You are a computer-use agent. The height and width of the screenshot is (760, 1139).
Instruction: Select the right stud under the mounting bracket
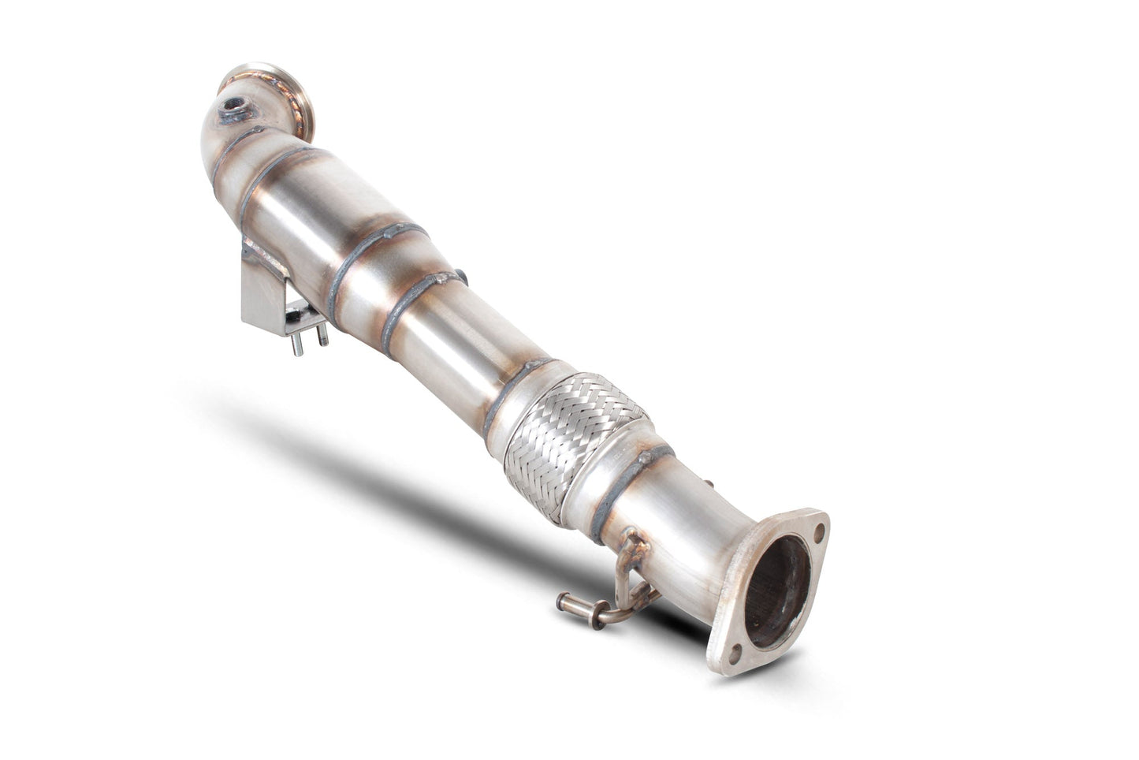coord(322,336)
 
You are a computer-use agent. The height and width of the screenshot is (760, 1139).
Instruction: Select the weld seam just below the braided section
coord(631,482)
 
